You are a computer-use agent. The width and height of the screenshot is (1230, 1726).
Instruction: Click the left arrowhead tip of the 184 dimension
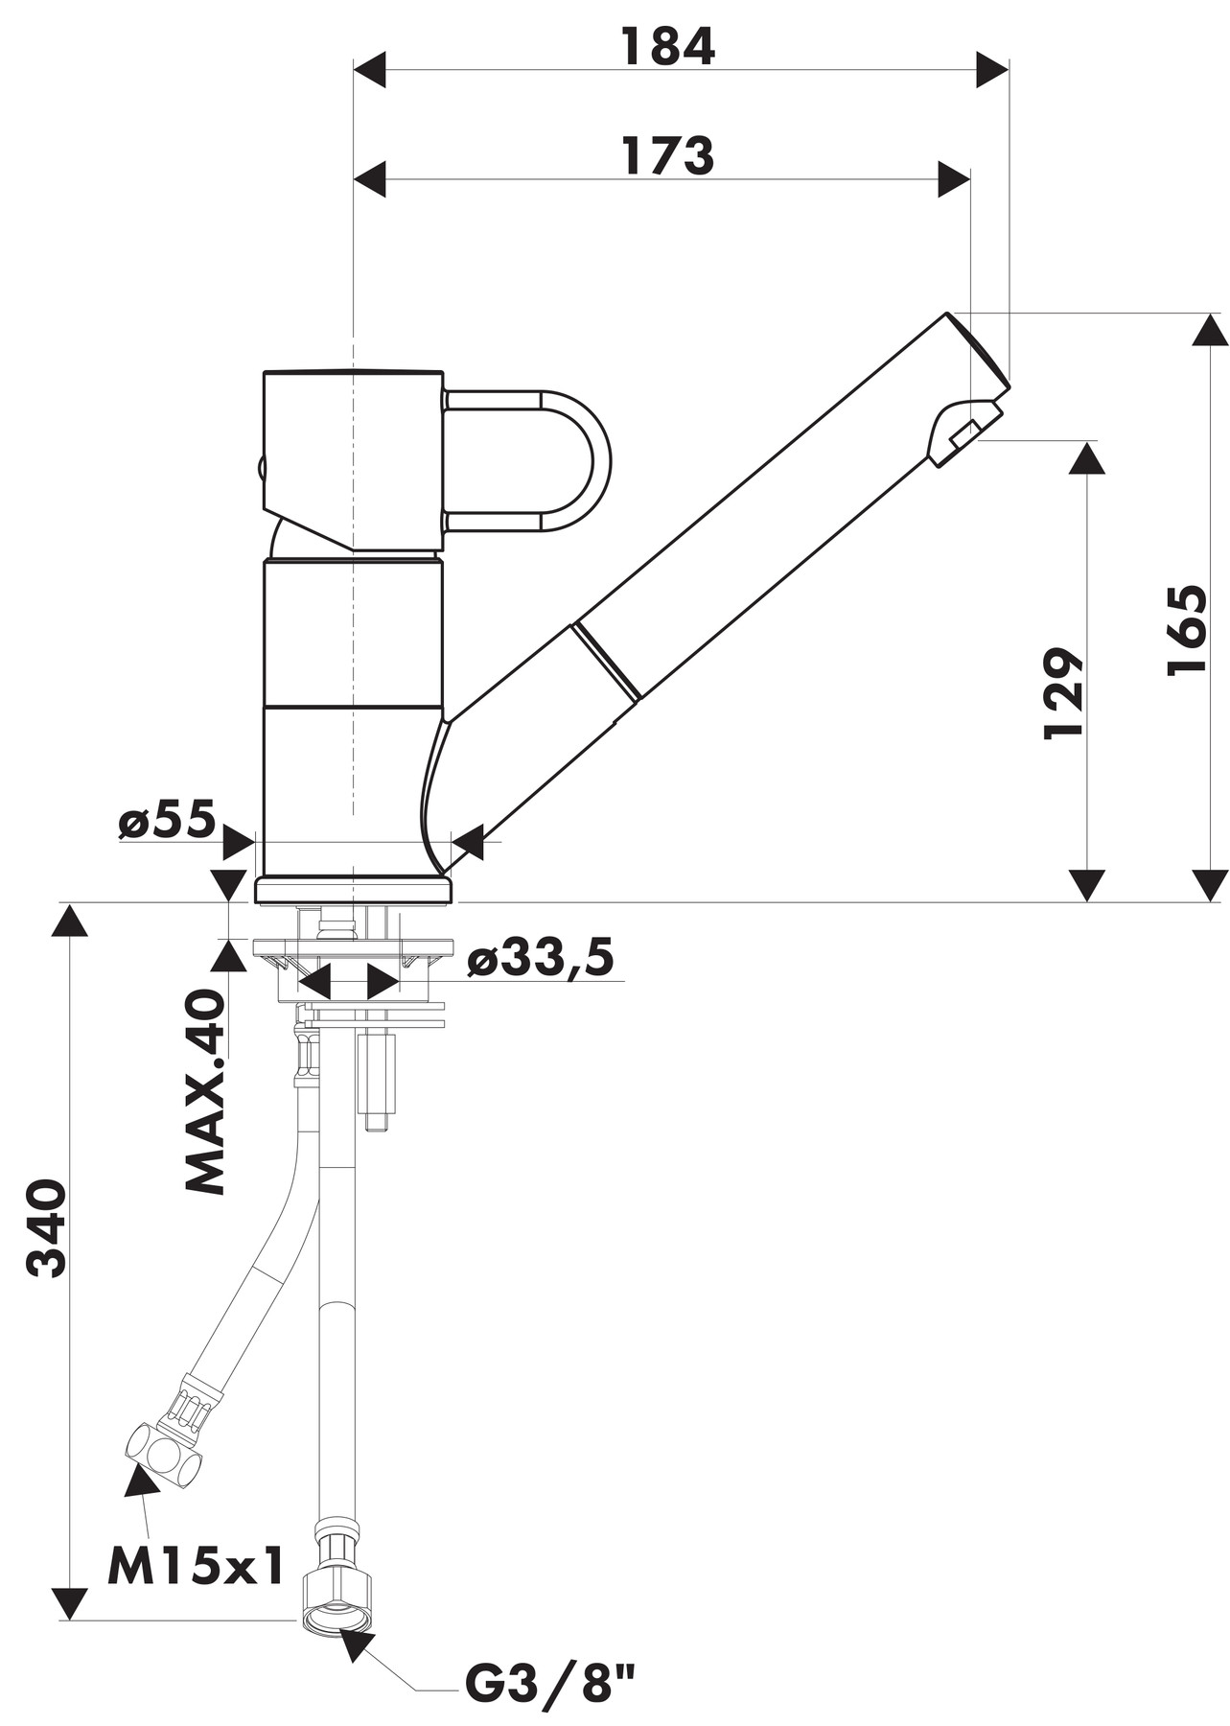[x=355, y=70]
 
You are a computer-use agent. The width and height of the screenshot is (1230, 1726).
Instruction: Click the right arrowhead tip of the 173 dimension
[x=970, y=179]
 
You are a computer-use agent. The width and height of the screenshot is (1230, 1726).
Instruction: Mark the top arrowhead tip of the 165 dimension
[x=1210, y=315]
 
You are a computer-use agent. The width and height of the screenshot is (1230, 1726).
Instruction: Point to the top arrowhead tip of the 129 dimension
[x=1086, y=442]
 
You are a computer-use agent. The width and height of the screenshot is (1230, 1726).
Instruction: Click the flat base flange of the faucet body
[x=353, y=889]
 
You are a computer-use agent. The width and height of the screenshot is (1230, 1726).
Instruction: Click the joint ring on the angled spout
[x=607, y=663]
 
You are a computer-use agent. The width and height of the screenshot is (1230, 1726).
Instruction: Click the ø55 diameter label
[x=167, y=821]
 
